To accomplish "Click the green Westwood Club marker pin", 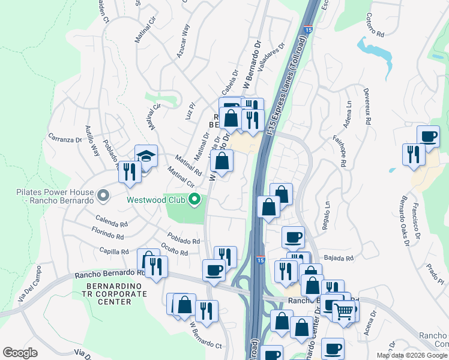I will [194, 199].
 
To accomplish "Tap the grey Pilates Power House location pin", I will [103, 196].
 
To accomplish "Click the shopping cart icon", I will [343, 310].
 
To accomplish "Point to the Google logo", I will [20, 353].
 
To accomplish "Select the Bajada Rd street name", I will [341, 258].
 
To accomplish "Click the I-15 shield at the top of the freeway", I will [308, 29].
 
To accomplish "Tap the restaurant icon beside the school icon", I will [129, 172].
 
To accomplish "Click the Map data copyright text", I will [411, 355].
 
